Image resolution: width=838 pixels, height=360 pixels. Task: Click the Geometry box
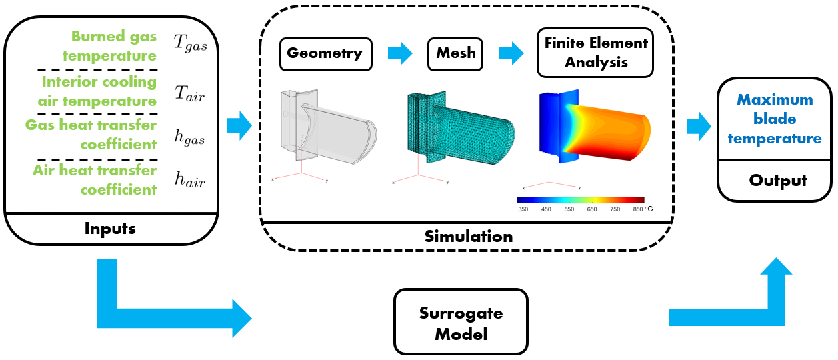point(325,53)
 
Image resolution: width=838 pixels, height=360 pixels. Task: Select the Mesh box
point(456,53)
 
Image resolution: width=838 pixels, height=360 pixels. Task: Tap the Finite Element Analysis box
point(595,53)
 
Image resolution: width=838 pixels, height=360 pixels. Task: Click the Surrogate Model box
point(461,323)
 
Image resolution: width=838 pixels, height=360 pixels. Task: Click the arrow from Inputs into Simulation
point(239,125)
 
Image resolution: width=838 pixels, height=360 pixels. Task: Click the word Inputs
point(110,229)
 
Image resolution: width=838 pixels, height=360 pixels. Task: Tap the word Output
point(778,181)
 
